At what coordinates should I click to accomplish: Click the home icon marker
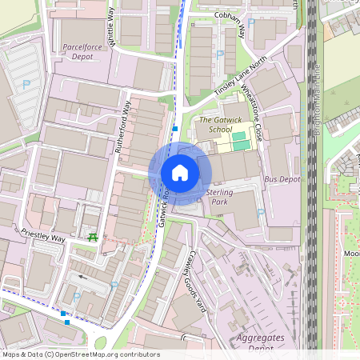pyautogui.click(x=179, y=173)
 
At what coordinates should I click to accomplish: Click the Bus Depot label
pyautogui.click(x=282, y=180)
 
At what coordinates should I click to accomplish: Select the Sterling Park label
pyautogui.click(x=218, y=197)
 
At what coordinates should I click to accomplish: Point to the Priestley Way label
pyautogui.click(x=43, y=238)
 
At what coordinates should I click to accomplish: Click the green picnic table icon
pyautogui.click(x=94, y=237)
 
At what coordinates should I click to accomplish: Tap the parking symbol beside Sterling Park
pyautogui.click(x=261, y=213)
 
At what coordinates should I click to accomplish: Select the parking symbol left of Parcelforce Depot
pyautogui.click(x=26, y=84)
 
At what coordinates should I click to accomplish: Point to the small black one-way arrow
pyautogui.click(x=82, y=278)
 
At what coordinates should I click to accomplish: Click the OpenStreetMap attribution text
pyautogui.click(x=81, y=354)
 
